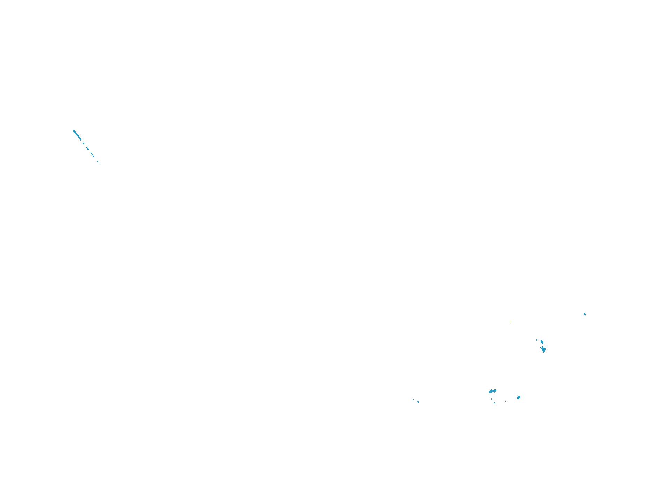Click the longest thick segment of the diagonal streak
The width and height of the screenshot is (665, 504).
click(x=77, y=135)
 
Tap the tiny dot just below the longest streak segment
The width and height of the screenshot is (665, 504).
click(x=83, y=143)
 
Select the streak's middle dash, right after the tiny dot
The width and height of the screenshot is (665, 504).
click(x=88, y=148)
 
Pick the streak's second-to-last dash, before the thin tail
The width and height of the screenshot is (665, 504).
click(x=93, y=154)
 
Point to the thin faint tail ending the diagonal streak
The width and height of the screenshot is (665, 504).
click(x=98, y=162)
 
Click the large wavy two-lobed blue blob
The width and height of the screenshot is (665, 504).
click(x=492, y=391)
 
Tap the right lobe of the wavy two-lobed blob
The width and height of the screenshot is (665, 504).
click(x=494, y=390)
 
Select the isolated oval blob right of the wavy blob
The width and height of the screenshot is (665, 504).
click(x=519, y=398)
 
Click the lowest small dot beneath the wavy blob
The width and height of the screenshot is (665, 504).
click(x=494, y=403)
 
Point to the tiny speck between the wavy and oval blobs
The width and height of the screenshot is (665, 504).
click(x=505, y=401)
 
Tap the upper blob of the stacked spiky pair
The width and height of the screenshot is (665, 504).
click(x=542, y=342)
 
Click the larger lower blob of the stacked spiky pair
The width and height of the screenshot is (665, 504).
click(x=543, y=349)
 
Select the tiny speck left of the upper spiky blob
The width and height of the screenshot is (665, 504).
click(x=537, y=340)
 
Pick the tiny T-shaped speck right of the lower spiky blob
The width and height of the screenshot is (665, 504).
click(x=546, y=347)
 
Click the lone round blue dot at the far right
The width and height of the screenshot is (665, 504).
click(x=585, y=314)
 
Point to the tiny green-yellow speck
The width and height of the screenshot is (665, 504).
click(x=510, y=322)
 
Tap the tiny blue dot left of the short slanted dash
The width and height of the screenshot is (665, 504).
click(x=413, y=399)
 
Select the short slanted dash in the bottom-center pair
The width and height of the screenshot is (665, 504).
click(x=418, y=402)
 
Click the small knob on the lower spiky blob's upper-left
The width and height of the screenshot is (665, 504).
click(x=541, y=347)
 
